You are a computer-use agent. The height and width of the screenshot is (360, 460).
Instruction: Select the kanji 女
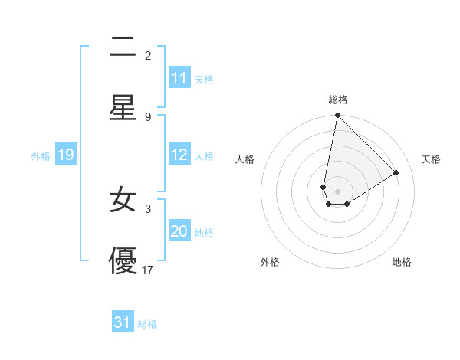pos(123,201)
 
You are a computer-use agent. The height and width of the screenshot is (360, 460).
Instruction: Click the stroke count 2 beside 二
pos(148,55)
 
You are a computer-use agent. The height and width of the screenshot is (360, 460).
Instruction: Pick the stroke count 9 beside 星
pos(148,116)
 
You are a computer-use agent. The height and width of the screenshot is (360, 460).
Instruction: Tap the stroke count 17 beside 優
pos(148,270)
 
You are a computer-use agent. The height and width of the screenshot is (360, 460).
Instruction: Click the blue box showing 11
pos(179,78)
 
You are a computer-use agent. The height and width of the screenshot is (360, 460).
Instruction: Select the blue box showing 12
pos(179,155)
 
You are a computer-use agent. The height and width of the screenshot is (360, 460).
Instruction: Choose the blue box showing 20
pos(179,231)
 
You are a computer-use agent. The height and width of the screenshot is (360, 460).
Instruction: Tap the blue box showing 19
pos(66,155)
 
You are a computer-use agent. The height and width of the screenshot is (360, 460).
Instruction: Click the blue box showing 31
pos(123,322)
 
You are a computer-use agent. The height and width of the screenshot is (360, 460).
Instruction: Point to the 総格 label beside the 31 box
pos(147,324)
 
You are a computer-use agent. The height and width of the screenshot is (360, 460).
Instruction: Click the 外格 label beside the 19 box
pos(41,156)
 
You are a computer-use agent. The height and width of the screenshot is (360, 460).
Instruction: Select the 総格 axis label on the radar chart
pos(338,100)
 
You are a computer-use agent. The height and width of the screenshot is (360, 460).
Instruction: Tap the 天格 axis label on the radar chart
pos(432,159)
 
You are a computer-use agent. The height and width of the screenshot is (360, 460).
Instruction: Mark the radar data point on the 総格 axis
pos(337,116)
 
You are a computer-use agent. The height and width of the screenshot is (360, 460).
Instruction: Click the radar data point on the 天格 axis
pos(396,172)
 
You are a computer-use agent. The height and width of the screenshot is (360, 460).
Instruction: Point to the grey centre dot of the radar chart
pos(337,191)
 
